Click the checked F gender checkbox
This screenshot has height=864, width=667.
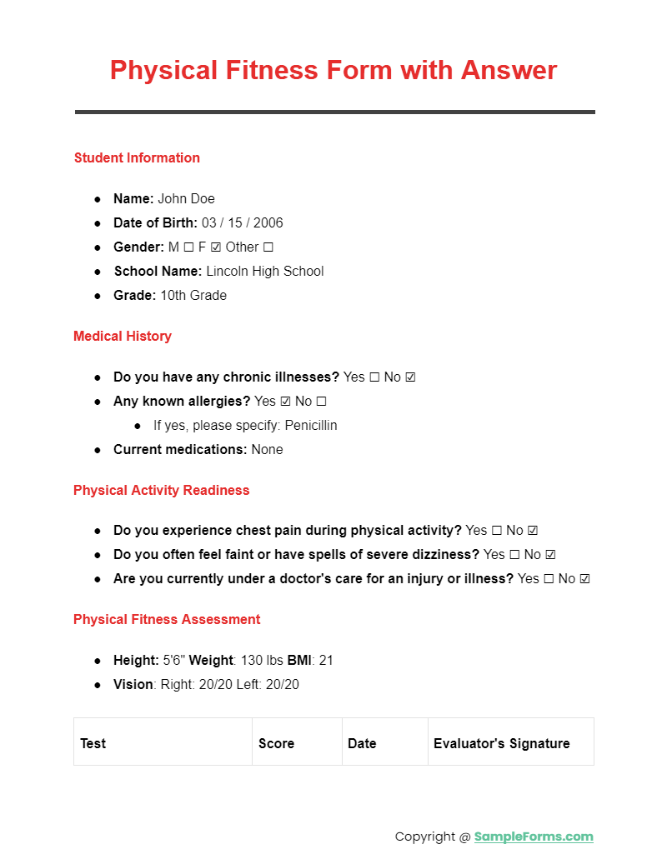(215, 247)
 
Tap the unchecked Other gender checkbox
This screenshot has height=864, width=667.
(268, 247)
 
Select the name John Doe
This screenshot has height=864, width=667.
(186, 199)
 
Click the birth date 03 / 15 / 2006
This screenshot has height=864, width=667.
(242, 223)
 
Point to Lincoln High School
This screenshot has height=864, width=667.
(264, 272)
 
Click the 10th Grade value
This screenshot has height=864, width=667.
(193, 296)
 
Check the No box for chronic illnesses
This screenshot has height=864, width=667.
(410, 377)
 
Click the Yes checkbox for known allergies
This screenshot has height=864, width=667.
(285, 402)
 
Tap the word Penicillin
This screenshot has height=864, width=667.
(310, 426)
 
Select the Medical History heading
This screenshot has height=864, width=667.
(123, 337)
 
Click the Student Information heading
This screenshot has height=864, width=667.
(137, 158)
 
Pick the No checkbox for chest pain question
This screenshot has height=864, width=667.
(533, 531)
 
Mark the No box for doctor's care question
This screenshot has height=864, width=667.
(584, 579)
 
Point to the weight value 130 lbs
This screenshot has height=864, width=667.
(262, 661)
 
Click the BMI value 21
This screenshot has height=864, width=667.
(326, 661)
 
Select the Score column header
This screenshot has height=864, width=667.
(276, 743)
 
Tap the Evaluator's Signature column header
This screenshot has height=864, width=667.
(502, 743)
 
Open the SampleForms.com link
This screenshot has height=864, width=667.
(534, 837)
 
